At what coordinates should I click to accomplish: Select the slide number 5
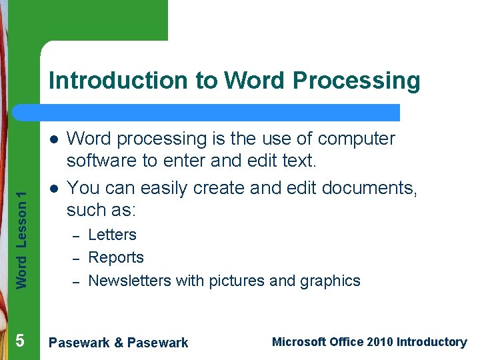[20, 341]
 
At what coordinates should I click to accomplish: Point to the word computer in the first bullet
[357, 139]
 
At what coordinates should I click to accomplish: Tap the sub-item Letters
[112, 235]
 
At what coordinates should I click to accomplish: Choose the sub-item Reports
[116, 258]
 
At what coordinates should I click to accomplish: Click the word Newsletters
[129, 281]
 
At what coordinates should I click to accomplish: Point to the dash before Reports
[77, 259]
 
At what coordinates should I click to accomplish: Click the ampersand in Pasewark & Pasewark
[119, 343]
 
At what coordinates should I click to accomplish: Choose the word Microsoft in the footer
[299, 342]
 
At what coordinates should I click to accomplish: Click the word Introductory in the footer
[431, 342]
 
